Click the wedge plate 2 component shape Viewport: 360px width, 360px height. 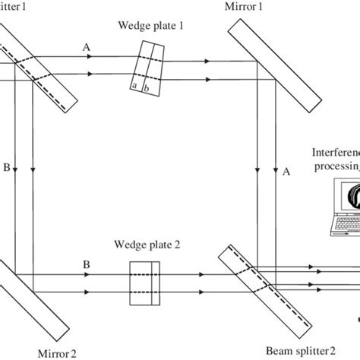point(145,282)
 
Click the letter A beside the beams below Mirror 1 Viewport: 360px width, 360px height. point(286,171)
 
